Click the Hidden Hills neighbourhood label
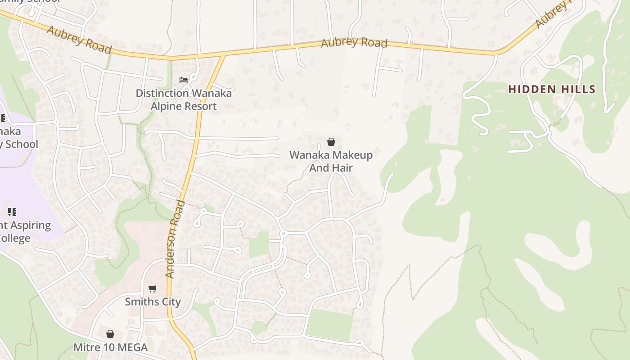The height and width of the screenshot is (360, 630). [552, 89]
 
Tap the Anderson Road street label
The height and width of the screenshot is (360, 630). [175, 239]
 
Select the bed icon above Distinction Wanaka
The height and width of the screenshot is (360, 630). [184, 80]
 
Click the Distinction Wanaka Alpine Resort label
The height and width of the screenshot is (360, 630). [184, 99]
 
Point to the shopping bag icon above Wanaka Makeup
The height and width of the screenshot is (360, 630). [331, 142]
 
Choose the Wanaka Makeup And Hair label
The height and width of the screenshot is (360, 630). [331, 161]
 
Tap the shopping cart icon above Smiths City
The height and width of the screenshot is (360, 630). [153, 288]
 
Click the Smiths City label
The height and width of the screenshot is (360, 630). [153, 301]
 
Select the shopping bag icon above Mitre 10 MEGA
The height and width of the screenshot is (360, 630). [110, 334]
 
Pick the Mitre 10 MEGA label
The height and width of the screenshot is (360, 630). [110, 347]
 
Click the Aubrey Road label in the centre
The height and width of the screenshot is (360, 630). [354, 43]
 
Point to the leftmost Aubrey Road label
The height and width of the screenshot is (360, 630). [79, 40]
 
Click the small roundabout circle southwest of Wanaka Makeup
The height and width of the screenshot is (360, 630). [283, 234]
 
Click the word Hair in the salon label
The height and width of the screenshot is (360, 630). [342, 168]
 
